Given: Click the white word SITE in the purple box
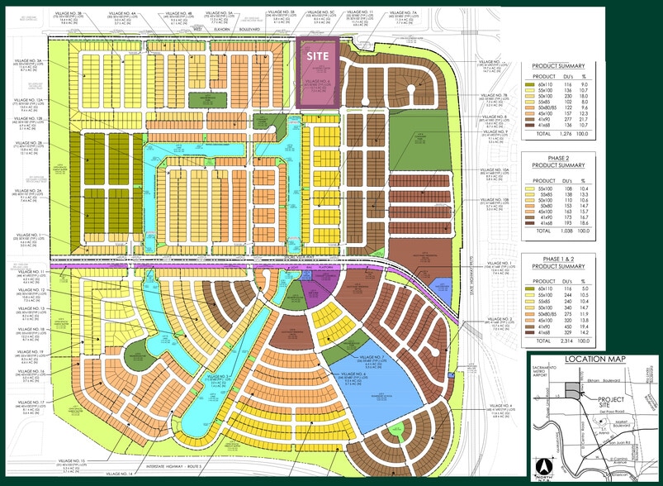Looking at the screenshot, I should [317, 51].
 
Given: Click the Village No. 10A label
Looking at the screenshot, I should [497, 168].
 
